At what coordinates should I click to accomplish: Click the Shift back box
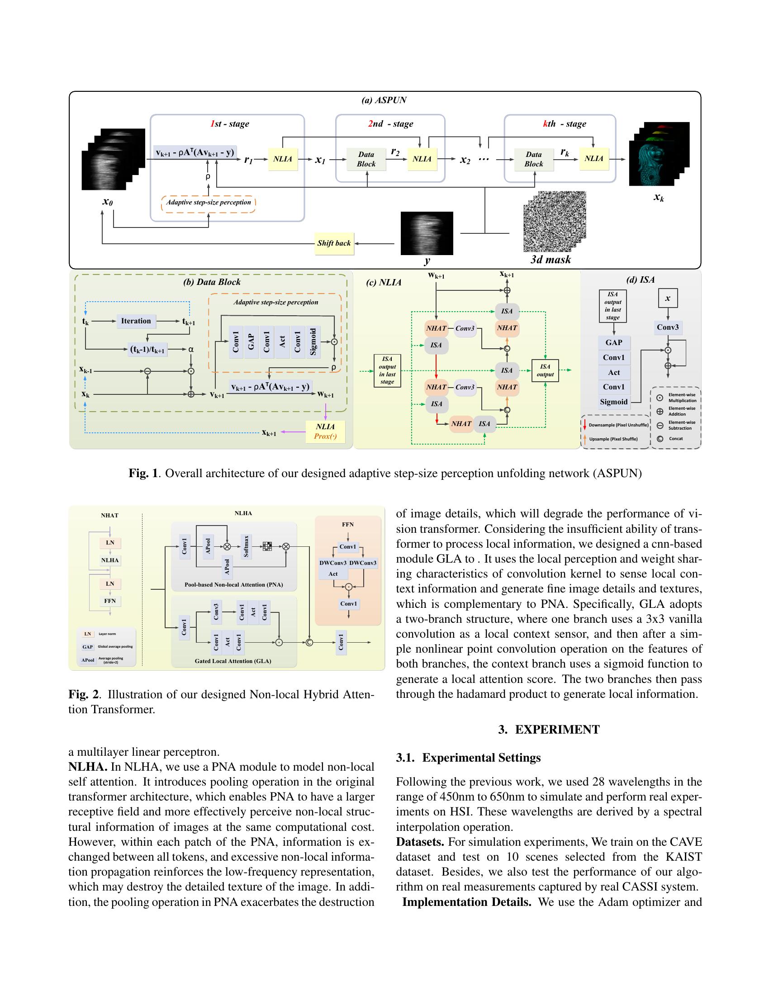334,243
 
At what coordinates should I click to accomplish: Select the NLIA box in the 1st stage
282,159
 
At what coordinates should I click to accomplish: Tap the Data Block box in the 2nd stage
366,160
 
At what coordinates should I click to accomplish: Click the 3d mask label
551,260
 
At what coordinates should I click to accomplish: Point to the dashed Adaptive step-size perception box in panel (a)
208,203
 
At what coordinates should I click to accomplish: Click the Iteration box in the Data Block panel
136,321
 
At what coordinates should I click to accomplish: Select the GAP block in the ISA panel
614,343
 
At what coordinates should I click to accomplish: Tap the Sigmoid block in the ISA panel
614,402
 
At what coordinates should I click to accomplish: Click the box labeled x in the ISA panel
667,299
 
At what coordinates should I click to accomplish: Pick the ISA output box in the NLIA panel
545,370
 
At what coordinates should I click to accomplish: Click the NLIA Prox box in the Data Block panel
325,431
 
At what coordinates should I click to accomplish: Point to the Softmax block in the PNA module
247,546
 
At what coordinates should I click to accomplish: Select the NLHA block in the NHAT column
110,560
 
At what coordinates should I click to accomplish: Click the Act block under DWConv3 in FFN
333,574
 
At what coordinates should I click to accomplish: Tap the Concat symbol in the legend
660,439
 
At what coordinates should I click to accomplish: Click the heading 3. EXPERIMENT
549,730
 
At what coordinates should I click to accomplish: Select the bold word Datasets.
420,842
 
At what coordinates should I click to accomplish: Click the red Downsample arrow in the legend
584,425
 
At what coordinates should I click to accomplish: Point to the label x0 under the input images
108,201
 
